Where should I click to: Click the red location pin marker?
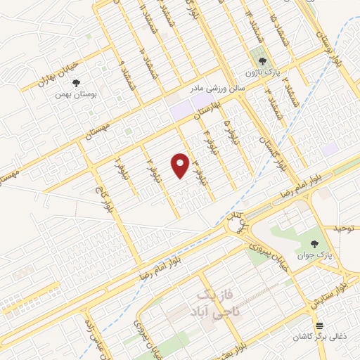(x=181, y=165)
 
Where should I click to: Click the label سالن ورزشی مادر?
(x=217, y=89)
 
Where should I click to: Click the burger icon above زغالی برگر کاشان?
(x=319, y=326)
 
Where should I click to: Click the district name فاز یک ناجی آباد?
(x=211, y=300)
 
